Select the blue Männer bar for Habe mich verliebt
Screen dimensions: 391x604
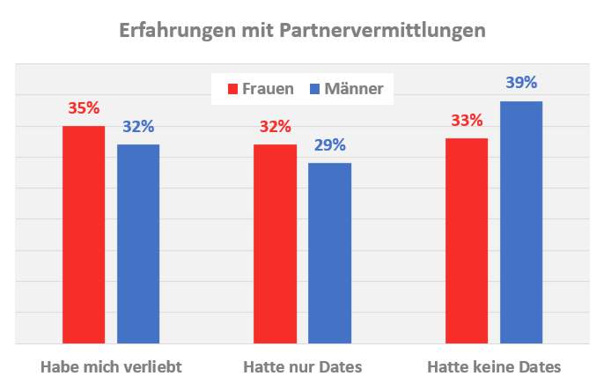tap(138, 244)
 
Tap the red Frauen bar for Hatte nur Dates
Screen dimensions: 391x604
tap(275, 244)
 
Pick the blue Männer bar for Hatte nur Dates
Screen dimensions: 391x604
tap(329, 253)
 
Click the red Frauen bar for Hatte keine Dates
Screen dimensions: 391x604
tap(467, 240)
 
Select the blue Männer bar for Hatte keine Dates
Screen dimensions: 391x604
tap(521, 222)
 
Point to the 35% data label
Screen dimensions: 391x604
tap(84, 109)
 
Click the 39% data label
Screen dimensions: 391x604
tap(521, 84)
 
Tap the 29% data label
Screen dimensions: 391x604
tap(329, 145)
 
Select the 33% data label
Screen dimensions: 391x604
tap(467, 121)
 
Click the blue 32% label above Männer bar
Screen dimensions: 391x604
tap(138, 127)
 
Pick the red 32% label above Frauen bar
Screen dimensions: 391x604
tap(275, 127)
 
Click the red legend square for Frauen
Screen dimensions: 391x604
tap(234, 89)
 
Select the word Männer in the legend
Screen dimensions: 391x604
tap(354, 89)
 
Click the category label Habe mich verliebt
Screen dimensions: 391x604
tap(111, 366)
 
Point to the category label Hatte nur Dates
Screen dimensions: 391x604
tap(302, 366)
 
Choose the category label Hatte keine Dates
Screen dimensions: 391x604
tap(493, 366)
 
